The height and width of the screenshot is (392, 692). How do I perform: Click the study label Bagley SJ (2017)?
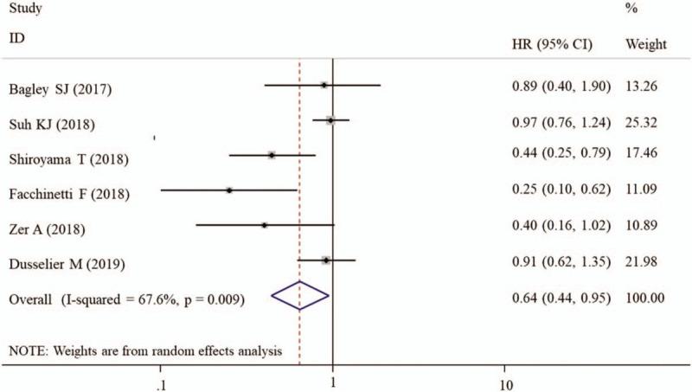click(x=59, y=90)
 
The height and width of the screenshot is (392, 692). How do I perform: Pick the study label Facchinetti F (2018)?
click(x=69, y=194)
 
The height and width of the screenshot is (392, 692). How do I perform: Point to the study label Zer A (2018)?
click(x=48, y=228)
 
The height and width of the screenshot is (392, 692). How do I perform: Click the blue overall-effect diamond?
click(x=300, y=295)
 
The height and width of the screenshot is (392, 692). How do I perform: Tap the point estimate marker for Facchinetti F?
click(x=229, y=190)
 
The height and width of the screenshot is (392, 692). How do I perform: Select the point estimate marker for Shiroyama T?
click(x=272, y=155)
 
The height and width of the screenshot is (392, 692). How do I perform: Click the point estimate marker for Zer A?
click(x=265, y=224)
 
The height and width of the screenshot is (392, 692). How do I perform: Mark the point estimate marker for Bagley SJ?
click(x=324, y=85)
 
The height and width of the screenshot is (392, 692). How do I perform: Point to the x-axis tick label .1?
click(x=161, y=382)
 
